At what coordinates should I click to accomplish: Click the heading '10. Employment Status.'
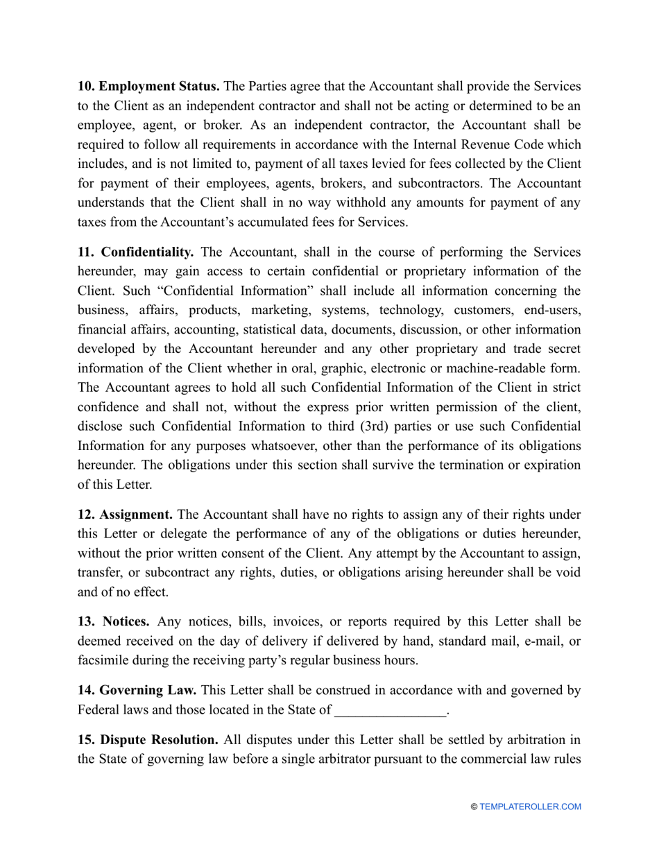(148, 87)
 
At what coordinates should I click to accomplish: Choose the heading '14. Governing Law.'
(137, 690)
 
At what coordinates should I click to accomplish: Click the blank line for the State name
(391, 710)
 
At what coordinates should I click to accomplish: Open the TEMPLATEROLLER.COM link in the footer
(531, 807)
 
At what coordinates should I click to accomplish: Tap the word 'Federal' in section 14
(98, 710)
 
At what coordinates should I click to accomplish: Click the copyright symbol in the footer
(474, 807)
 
